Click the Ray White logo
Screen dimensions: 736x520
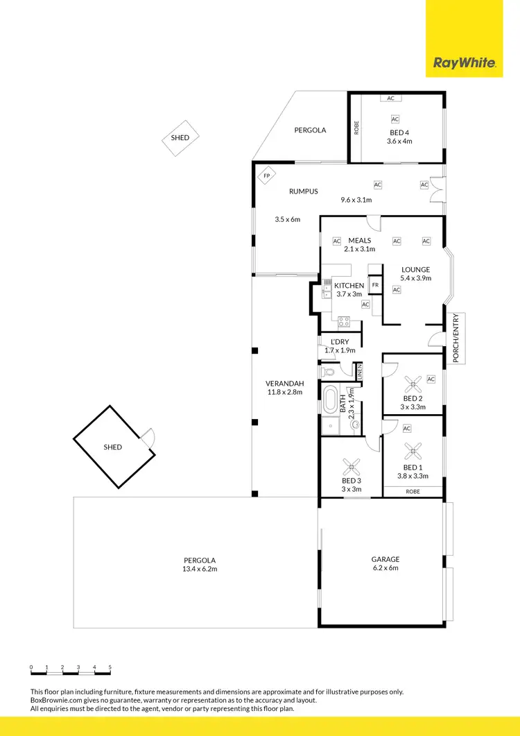click(x=464, y=63)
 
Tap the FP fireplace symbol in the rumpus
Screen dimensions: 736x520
click(x=266, y=176)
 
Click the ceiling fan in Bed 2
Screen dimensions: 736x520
click(x=413, y=382)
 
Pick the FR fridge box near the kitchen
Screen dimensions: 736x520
click(x=375, y=285)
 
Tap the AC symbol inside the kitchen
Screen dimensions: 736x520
click(x=365, y=303)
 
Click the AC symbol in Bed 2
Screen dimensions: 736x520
click(x=431, y=379)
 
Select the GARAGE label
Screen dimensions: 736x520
click(x=385, y=559)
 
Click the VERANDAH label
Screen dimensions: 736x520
click(x=282, y=384)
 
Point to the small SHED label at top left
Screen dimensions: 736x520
click(x=180, y=137)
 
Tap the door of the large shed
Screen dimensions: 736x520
click(x=147, y=439)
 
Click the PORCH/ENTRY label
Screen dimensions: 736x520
click(x=456, y=338)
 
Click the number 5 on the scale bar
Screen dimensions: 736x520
click(x=110, y=667)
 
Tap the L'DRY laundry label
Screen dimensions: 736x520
click(x=340, y=342)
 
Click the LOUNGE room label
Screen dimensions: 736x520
click(x=415, y=270)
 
